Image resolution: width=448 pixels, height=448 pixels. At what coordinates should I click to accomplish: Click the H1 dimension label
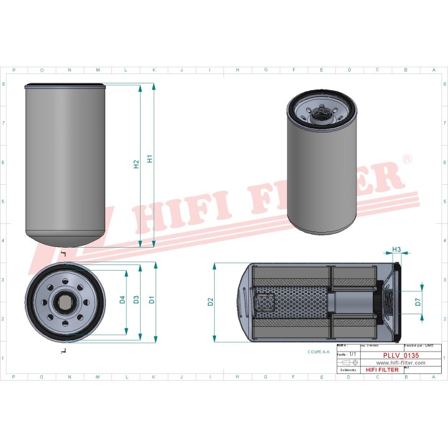[149, 159]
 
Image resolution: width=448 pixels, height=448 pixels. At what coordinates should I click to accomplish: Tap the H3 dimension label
[396, 250]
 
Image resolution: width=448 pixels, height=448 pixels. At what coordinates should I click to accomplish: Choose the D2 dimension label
[210, 302]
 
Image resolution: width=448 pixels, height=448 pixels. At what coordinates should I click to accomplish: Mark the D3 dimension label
[136, 301]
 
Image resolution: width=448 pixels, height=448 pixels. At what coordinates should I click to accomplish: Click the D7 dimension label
[418, 302]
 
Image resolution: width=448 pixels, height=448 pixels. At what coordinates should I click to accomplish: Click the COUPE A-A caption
[318, 352]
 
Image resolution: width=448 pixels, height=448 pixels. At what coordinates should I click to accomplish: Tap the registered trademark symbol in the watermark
[407, 159]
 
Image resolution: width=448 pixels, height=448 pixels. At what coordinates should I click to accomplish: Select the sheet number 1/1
[353, 354]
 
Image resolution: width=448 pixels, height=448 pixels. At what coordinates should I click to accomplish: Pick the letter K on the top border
[154, 70]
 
